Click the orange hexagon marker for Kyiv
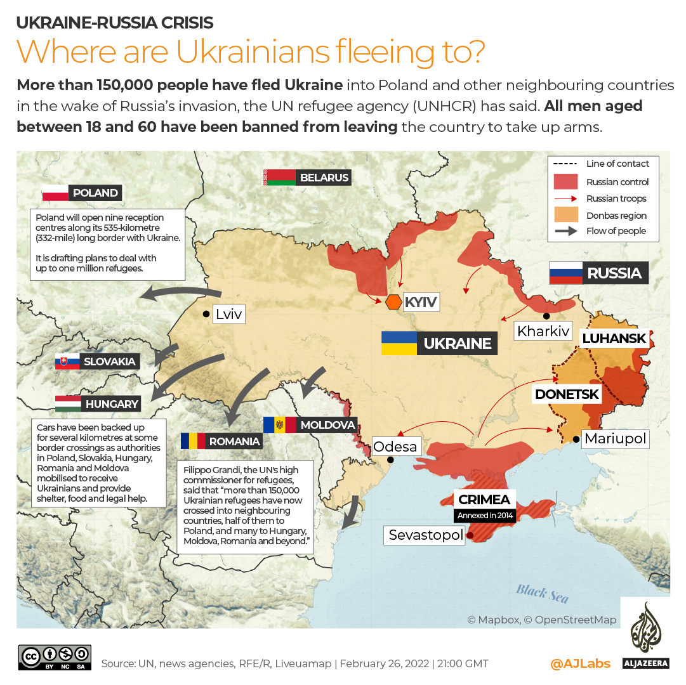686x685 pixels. pyautogui.click(x=393, y=302)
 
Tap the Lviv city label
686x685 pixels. pyautogui.click(x=229, y=313)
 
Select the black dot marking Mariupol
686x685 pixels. pyautogui.click(x=575, y=439)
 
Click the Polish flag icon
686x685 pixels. pyautogui.click(x=55, y=193)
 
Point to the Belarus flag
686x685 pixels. pyautogui.click(x=279, y=178)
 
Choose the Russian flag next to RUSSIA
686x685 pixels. pyautogui.click(x=565, y=273)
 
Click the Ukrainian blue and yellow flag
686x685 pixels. pyautogui.click(x=399, y=343)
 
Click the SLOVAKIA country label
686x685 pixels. pyautogui.click(x=110, y=362)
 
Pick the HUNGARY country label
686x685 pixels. pyautogui.click(x=112, y=403)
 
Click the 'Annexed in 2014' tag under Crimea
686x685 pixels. pyautogui.click(x=485, y=515)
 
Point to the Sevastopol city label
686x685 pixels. pyautogui.click(x=426, y=535)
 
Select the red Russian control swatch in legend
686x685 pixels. pyautogui.click(x=566, y=181)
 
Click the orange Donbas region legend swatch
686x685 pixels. pyautogui.click(x=566, y=215)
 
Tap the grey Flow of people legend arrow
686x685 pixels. pyautogui.click(x=566, y=231)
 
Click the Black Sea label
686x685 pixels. pyautogui.click(x=541, y=594)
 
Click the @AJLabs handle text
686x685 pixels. pyautogui.click(x=580, y=663)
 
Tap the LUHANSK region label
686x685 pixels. pyautogui.click(x=614, y=338)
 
